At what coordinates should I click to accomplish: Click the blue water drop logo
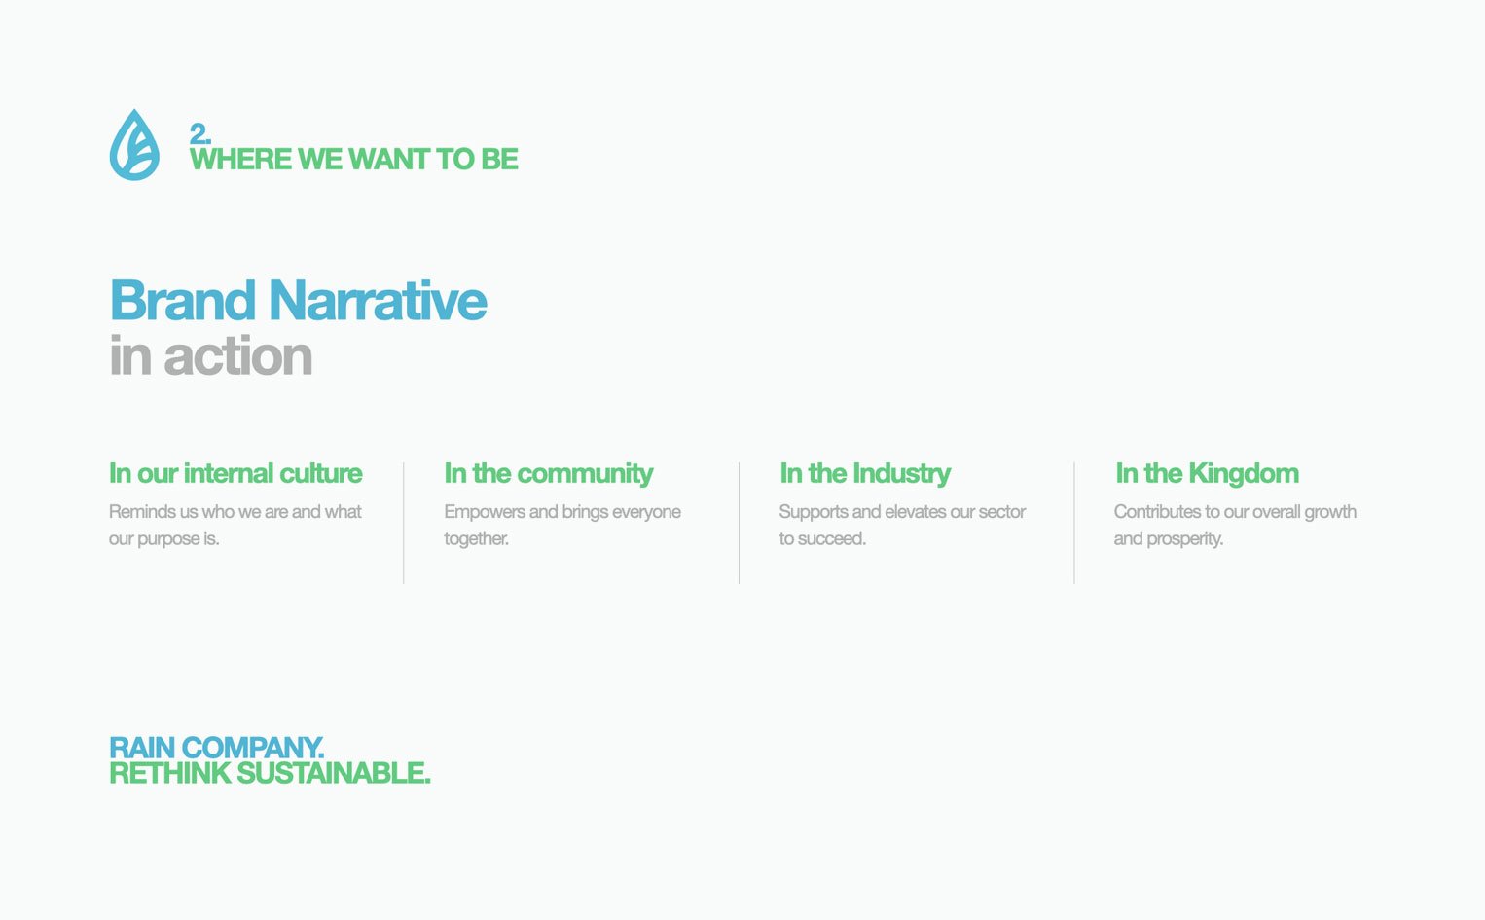(x=134, y=145)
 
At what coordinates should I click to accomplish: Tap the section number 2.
(x=199, y=134)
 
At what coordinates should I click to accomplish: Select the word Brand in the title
(x=183, y=301)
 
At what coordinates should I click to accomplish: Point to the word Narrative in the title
(x=378, y=301)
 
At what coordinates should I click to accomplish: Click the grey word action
(x=238, y=356)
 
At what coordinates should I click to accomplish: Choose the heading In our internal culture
(x=235, y=473)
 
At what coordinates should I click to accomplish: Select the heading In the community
(x=548, y=473)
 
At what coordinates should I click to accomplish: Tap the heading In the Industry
(x=865, y=473)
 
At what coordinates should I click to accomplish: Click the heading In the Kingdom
(x=1208, y=473)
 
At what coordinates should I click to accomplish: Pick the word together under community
(x=476, y=539)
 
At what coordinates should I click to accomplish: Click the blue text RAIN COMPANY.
(x=217, y=748)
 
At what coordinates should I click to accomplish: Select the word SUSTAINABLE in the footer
(x=334, y=773)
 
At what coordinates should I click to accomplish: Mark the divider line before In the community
(x=403, y=524)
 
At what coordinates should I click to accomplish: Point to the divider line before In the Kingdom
(x=1074, y=524)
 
